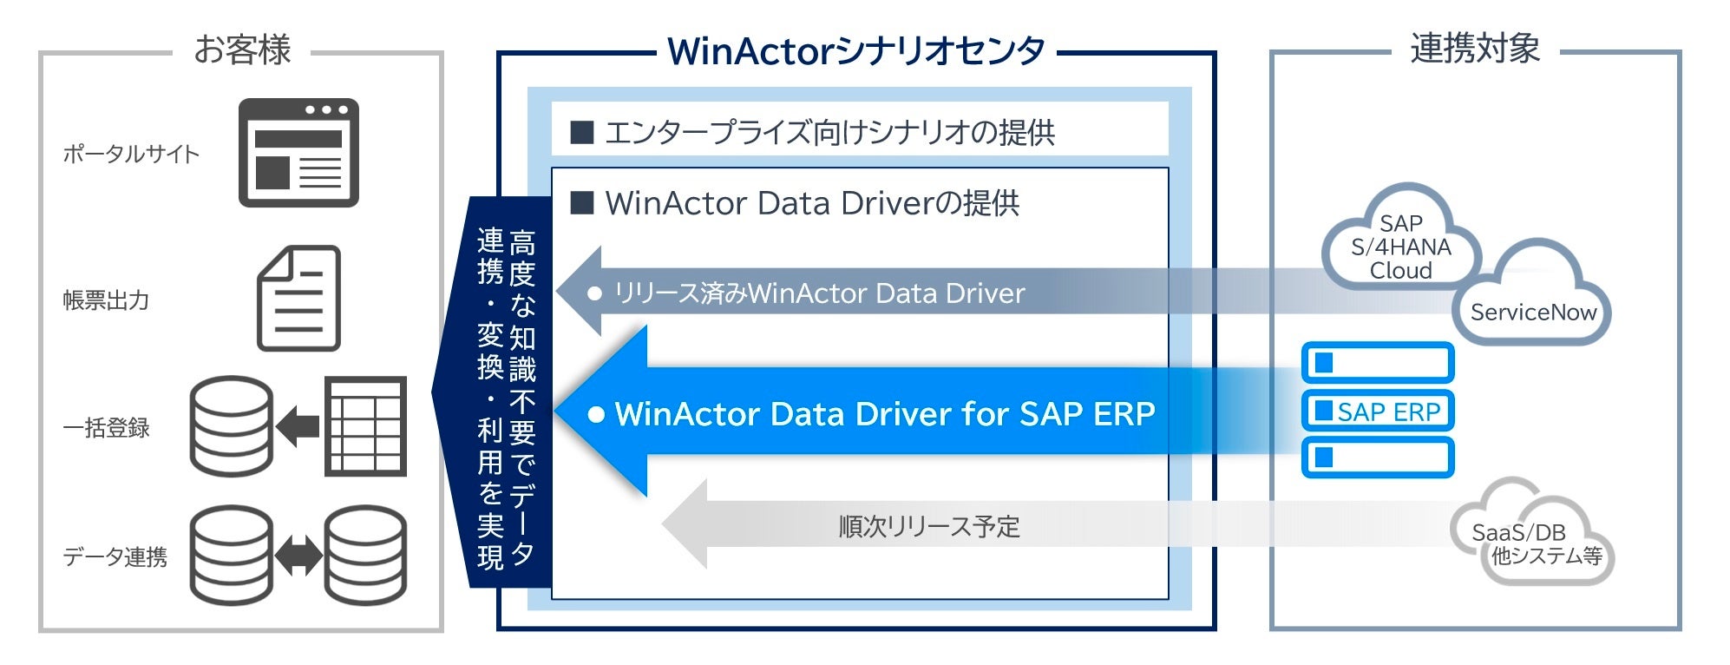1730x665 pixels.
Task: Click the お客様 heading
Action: (242, 49)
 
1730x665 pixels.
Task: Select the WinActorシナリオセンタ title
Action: (855, 51)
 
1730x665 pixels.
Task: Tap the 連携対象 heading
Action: (1475, 48)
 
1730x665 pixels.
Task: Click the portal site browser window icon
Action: (298, 153)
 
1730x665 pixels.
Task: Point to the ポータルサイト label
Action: (131, 154)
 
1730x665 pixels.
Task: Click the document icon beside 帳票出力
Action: (299, 298)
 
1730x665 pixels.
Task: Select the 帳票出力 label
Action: (106, 300)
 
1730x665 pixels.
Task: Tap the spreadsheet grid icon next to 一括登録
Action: (365, 426)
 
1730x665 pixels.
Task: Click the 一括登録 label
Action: (106, 428)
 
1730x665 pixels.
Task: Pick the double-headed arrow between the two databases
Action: (298, 556)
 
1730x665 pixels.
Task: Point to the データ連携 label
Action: (115, 556)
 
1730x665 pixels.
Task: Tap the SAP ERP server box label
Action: (1387, 412)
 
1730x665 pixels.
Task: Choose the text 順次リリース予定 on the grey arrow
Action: (929, 526)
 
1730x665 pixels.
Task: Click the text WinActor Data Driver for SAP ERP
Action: (884, 414)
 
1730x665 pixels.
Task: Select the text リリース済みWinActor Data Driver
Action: (819, 293)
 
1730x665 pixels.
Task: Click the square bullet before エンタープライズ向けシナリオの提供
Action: (581, 132)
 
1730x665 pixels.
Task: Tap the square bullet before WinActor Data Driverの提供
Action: (581, 203)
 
